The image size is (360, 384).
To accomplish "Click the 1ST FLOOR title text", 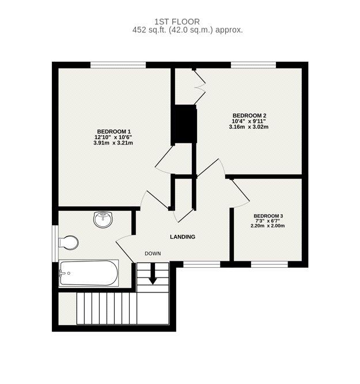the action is pyautogui.click(x=177, y=22).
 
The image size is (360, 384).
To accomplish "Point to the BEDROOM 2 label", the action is pyautogui.click(x=249, y=115).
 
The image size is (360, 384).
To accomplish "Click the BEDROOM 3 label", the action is pyautogui.click(x=268, y=216).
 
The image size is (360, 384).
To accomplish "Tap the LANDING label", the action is pyautogui.click(x=183, y=237).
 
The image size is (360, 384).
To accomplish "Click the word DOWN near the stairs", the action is pyautogui.click(x=153, y=253).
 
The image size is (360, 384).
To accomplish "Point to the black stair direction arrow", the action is pyautogui.click(x=153, y=274).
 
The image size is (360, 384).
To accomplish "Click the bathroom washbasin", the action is pyautogui.click(x=103, y=219).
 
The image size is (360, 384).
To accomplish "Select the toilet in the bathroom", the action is pyautogui.click(x=69, y=243).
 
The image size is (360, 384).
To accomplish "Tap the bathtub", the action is pyautogui.click(x=89, y=273).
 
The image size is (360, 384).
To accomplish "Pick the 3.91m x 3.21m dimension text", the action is pyautogui.click(x=113, y=143).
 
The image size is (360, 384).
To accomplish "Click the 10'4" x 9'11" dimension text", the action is pyautogui.click(x=249, y=121).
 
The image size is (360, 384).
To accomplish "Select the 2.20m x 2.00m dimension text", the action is pyautogui.click(x=268, y=226).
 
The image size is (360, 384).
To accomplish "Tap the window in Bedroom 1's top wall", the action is pyautogui.click(x=118, y=65).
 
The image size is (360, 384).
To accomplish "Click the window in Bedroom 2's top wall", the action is pyautogui.click(x=253, y=65).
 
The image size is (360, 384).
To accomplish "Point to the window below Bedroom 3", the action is pyautogui.click(x=269, y=264).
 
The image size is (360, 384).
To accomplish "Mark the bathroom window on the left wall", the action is pyautogui.click(x=55, y=244).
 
